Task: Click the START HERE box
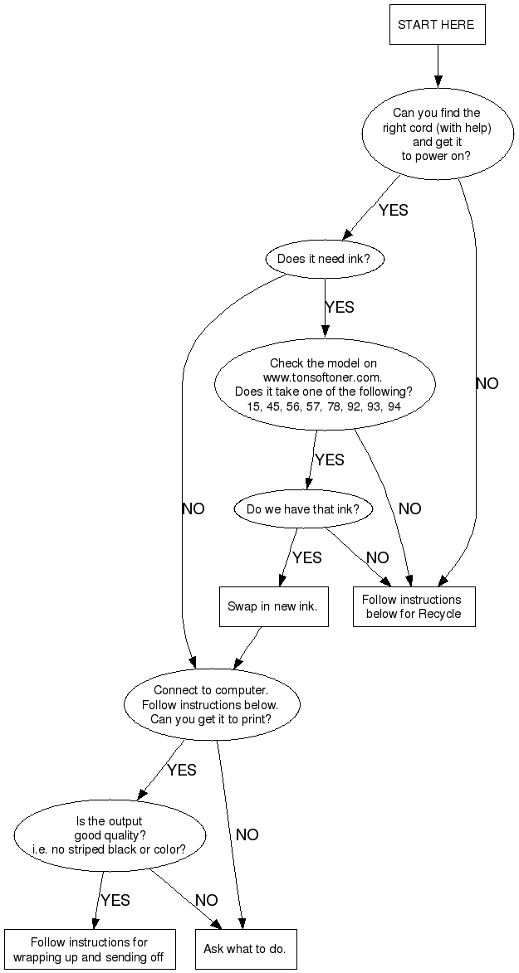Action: tap(436, 25)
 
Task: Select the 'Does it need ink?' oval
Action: tap(330, 259)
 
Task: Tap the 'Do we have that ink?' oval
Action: tap(303, 508)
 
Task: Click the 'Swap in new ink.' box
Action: tap(272, 606)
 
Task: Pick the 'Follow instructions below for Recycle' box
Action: tap(414, 606)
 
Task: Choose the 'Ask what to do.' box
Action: tap(245, 949)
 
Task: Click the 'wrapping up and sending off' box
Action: tap(89, 949)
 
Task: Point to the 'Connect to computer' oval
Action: tap(211, 704)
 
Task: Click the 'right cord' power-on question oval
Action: tap(436, 134)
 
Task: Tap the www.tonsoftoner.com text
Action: tap(323, 377)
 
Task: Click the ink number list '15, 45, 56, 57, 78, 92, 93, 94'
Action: tap(323, 406)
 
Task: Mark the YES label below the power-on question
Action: tap(394, 210)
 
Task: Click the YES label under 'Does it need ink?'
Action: tap(339, 307)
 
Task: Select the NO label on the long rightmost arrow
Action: tap(487, 383)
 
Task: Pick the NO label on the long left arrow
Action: tap(193, 508)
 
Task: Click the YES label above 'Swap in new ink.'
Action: tap(307, 557)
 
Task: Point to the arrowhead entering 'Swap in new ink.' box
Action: tap(283, 580)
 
